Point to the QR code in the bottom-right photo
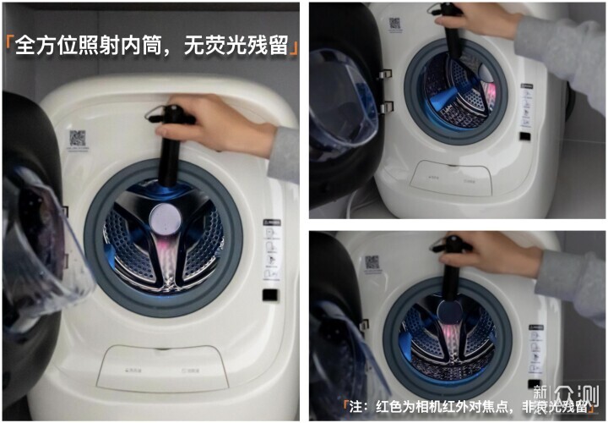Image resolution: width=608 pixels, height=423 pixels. (x=372, y=262)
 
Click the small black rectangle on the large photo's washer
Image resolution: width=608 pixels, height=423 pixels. (x=269, y=296)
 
